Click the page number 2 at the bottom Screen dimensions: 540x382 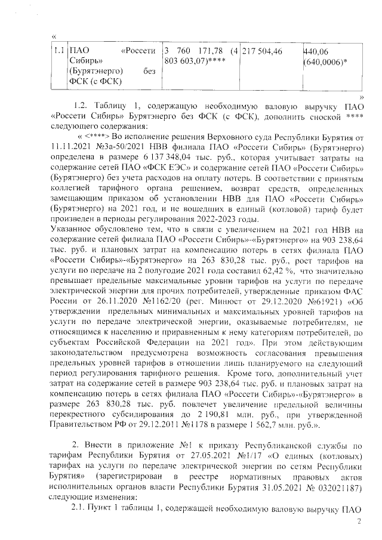359,522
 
